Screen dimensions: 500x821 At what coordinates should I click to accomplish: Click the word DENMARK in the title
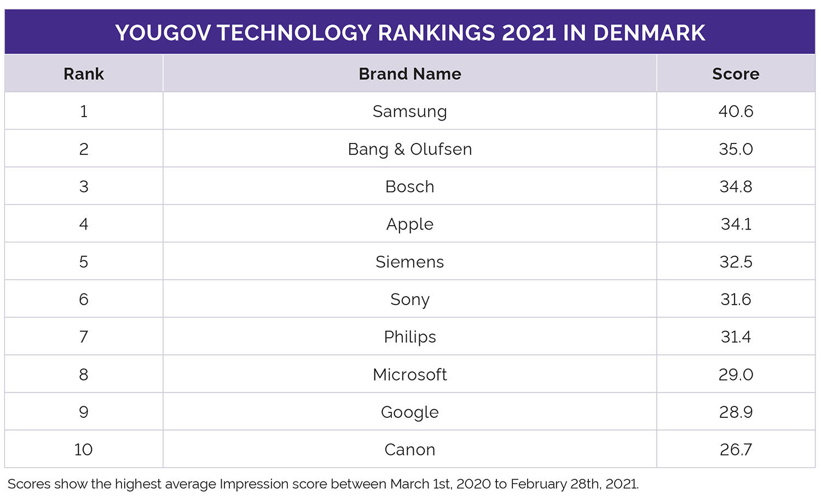(649, 33)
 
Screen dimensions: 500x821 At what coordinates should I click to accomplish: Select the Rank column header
(84, 74)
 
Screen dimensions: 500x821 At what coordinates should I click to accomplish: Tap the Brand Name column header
(410, 74)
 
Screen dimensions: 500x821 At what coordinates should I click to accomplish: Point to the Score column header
(736, 74)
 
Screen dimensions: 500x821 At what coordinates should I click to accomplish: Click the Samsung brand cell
(410, 111)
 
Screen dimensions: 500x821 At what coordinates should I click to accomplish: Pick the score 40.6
(736, 111)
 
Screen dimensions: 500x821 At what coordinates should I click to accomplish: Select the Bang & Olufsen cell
(410, 149)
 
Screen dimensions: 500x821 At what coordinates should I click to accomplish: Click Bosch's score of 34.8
(736, 187)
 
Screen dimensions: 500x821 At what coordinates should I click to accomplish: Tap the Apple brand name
(410, 224)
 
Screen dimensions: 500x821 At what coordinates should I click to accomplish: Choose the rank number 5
(84, 262)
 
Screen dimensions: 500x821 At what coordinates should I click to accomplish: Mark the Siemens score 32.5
(736, 262)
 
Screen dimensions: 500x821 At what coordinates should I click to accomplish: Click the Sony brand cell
(410, 300)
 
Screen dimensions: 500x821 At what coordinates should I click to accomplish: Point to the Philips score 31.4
(736, 337)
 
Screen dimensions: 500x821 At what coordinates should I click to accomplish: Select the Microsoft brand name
(410, 375)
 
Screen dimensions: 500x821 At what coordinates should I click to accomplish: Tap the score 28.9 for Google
(736, 412)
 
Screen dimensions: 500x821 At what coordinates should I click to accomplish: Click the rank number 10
(84, 450)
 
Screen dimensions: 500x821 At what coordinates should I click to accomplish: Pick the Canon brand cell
(410, 450)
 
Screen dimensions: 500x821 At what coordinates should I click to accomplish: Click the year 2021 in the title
(529, 33)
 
